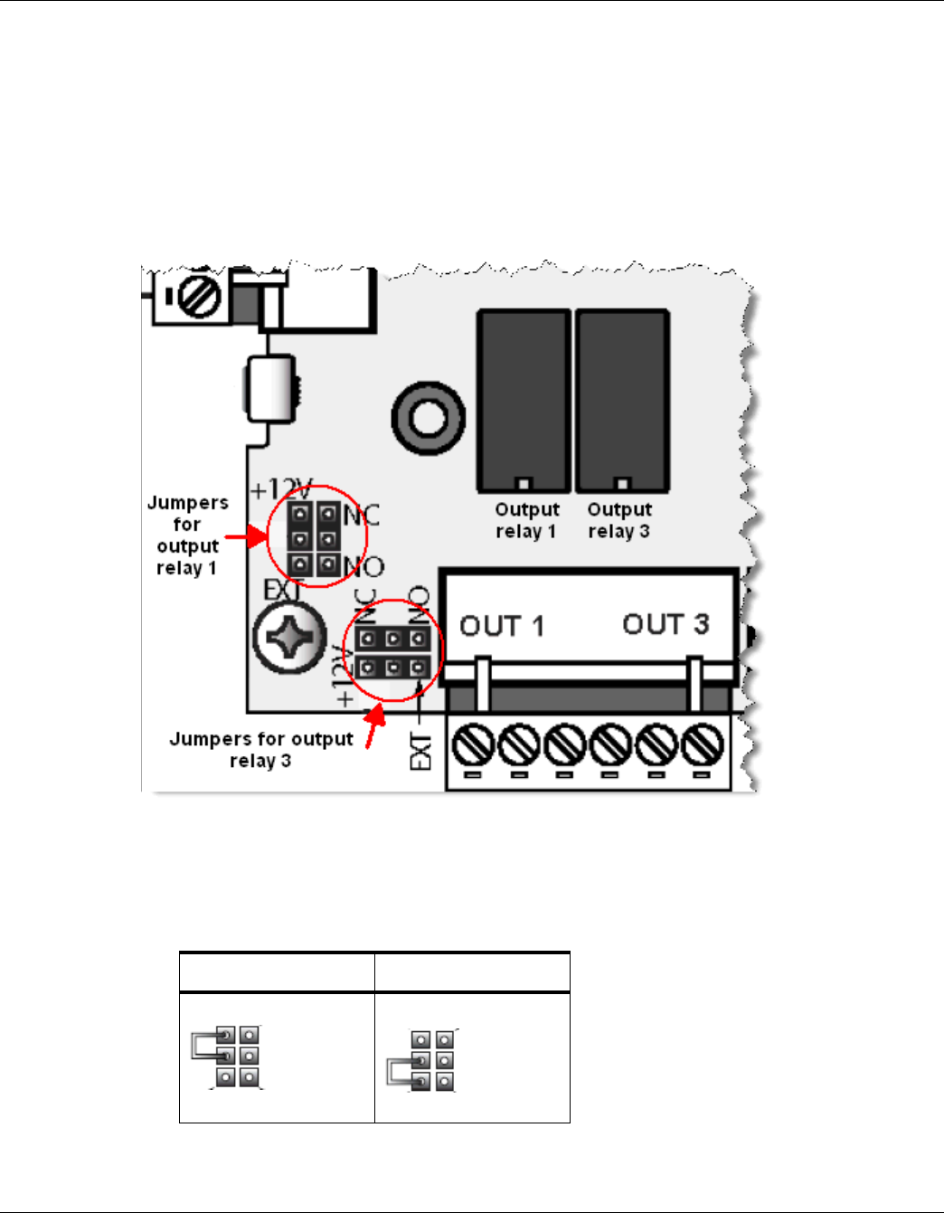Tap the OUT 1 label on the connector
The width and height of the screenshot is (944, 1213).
pyautogui.click(x=502, y=626)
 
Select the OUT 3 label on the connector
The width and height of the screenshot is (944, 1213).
pyautogui.click(x=666, y=624)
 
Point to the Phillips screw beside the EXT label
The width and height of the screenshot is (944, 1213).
pyautogui.click(x=289, y=639)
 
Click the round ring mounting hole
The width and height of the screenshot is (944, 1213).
pyautogui.click(x=428, y=418)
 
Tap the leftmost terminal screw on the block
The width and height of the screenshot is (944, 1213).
pyautogui.click(x=473, y=746)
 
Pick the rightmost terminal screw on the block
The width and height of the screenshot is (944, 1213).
pyautogui.click(x=703, y=746)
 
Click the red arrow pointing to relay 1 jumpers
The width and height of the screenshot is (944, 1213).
pyautogui.click(x=246, y=537)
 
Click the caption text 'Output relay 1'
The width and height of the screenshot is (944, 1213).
pyautogui.click(x=526, y=520)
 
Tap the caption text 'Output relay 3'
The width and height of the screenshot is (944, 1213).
pyautogui.click(x=619, y=520)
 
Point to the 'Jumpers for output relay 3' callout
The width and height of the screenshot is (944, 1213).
pyautogui.click(x=260, y=750)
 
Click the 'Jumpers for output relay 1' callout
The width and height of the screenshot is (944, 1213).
pyautogui.click(x=187, y=535)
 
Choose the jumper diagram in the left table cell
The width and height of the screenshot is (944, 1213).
pyautogui.click(x=227, y=1057)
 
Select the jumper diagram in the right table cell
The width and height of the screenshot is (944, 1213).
pyautogui.click(x=422, y=1061)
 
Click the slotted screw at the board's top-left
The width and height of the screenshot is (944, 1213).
pyautogui.click(x=197, y=298)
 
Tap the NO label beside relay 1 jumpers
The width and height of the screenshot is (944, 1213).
pyautogui.click(x=363, y=568)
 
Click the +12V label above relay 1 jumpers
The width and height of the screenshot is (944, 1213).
pyautogui.click(x=280, y=489)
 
